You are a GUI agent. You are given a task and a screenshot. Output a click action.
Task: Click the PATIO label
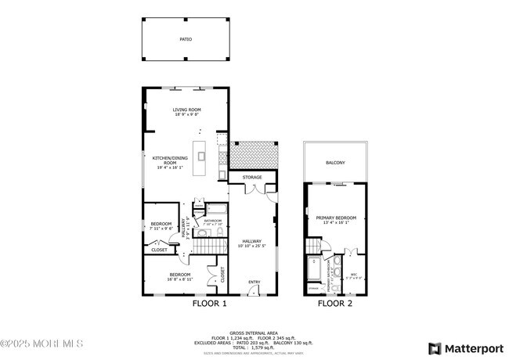pos(186,38)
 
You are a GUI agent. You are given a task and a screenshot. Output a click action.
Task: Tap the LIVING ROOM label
pos(186,110)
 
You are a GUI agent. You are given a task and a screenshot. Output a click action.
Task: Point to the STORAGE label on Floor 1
pos(252,178)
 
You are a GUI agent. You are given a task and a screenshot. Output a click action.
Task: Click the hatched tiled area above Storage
pos(254,154)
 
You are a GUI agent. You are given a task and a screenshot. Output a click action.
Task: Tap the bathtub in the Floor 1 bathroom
pos(215,210)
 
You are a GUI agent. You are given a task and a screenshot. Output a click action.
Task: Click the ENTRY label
pos(254,283)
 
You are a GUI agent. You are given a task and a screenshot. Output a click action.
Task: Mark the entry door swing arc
pos(252,290)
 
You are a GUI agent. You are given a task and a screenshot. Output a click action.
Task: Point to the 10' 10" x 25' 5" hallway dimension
pos(252,246)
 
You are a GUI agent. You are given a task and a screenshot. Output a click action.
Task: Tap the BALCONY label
pos(335,163)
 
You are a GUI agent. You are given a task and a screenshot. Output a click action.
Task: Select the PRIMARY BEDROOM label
pos(336,218)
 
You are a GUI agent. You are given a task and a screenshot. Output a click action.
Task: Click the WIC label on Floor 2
pos(354,274)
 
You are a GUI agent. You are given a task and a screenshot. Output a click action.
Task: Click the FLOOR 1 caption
pos(210,303)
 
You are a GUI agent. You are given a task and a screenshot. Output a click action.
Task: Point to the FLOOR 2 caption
pos(335,303)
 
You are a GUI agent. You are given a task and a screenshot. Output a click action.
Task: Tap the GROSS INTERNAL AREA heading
pos(254,333)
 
